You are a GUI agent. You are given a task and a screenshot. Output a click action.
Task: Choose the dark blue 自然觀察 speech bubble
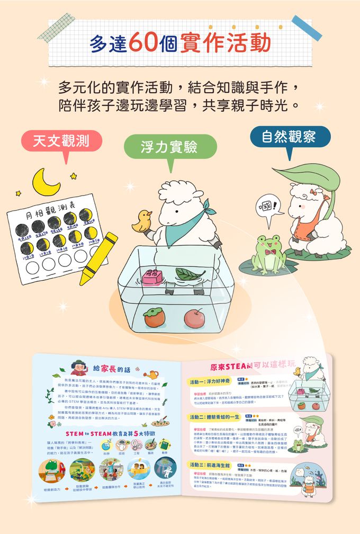290,137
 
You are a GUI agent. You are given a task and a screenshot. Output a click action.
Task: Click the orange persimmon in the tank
154,319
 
